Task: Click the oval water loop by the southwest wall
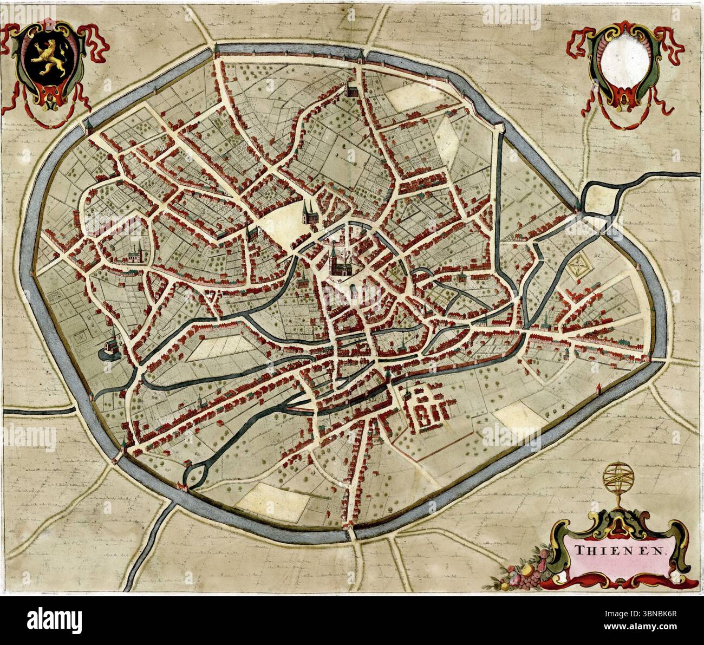(x=195, y=474)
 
